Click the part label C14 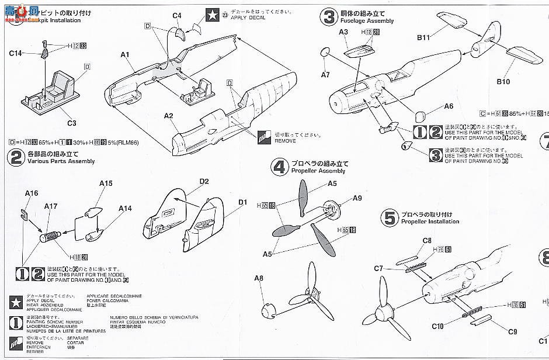tap(15, 53)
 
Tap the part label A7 tap(325, 74)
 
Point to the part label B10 tap(503, 82)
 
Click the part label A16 tap(32, 193)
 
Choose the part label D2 tap(204, 182)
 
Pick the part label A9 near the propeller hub tap(357, 198)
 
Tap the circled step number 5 tap(389, 218)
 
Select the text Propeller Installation tap(430, 222)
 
